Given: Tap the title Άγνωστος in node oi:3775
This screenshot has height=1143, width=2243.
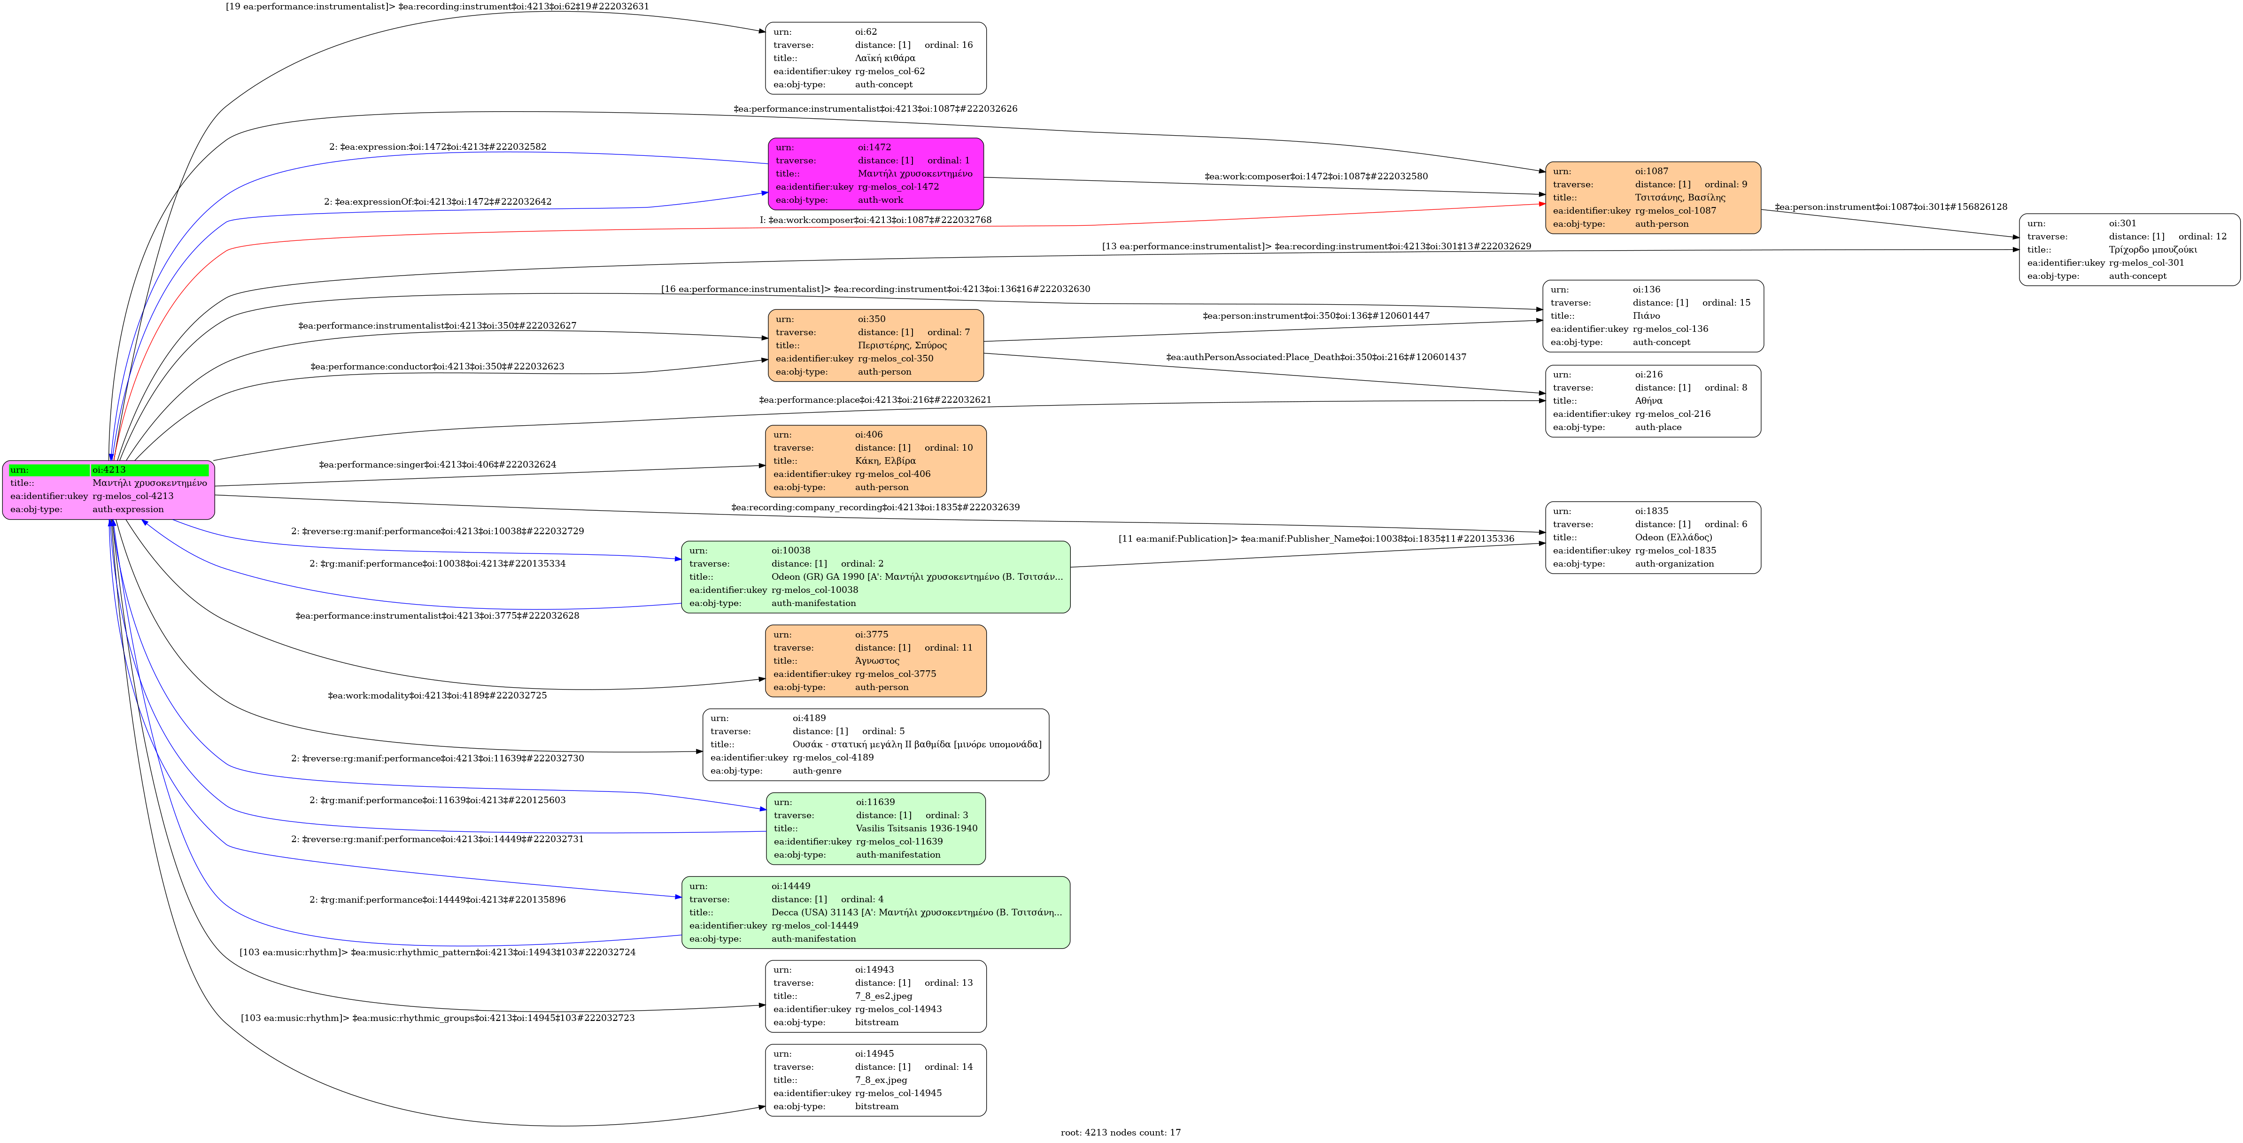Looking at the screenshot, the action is coord(877,661).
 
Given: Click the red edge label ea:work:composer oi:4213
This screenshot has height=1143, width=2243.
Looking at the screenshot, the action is coord(875,220).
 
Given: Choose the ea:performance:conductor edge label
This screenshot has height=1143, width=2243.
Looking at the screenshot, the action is coord(437,367).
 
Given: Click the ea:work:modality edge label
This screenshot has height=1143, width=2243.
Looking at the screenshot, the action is coord(437,696).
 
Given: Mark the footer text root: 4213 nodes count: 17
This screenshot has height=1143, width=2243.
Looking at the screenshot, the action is coord(1121,1133).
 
